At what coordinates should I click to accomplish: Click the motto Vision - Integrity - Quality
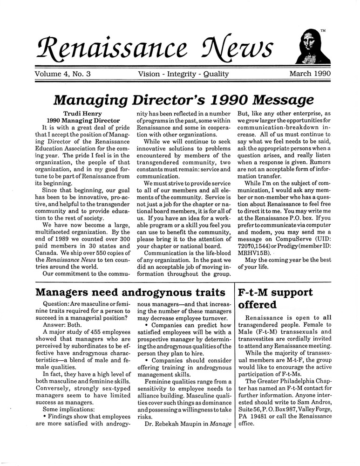coord(183,74)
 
